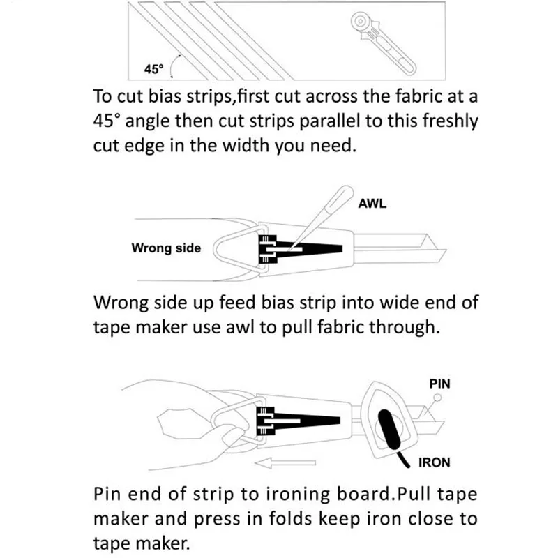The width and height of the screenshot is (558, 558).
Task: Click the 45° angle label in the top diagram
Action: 153,68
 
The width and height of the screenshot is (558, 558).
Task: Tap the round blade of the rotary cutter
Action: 361,22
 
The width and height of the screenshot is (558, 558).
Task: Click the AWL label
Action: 372,204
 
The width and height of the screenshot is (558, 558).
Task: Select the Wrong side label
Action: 166,248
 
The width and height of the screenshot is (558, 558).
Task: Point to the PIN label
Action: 440,384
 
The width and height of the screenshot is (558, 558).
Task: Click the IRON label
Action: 434,462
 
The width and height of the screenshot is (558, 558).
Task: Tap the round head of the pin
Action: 438,398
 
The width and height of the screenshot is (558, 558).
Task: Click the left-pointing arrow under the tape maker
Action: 285,462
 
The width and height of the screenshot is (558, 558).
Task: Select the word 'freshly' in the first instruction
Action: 450,121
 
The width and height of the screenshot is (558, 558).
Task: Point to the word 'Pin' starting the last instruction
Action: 107,495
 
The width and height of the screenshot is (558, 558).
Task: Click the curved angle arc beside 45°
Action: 173,66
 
